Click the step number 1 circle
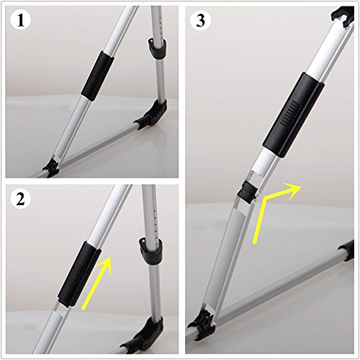[21, 21]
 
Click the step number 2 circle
[21, 199]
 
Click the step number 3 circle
[200, 21]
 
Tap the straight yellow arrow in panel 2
[96, 283]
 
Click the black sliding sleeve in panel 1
[98, 76]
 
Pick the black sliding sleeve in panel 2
[79, 274]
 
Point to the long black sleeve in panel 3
[294, 115]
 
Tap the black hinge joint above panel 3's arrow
[246, 192]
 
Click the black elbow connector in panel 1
[153, 114]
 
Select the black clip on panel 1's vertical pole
[157, 48]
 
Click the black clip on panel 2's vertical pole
[150, 251]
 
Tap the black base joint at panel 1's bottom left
[51, 168]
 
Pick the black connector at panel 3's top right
[343, 17]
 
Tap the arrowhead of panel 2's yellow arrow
[105, 264]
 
